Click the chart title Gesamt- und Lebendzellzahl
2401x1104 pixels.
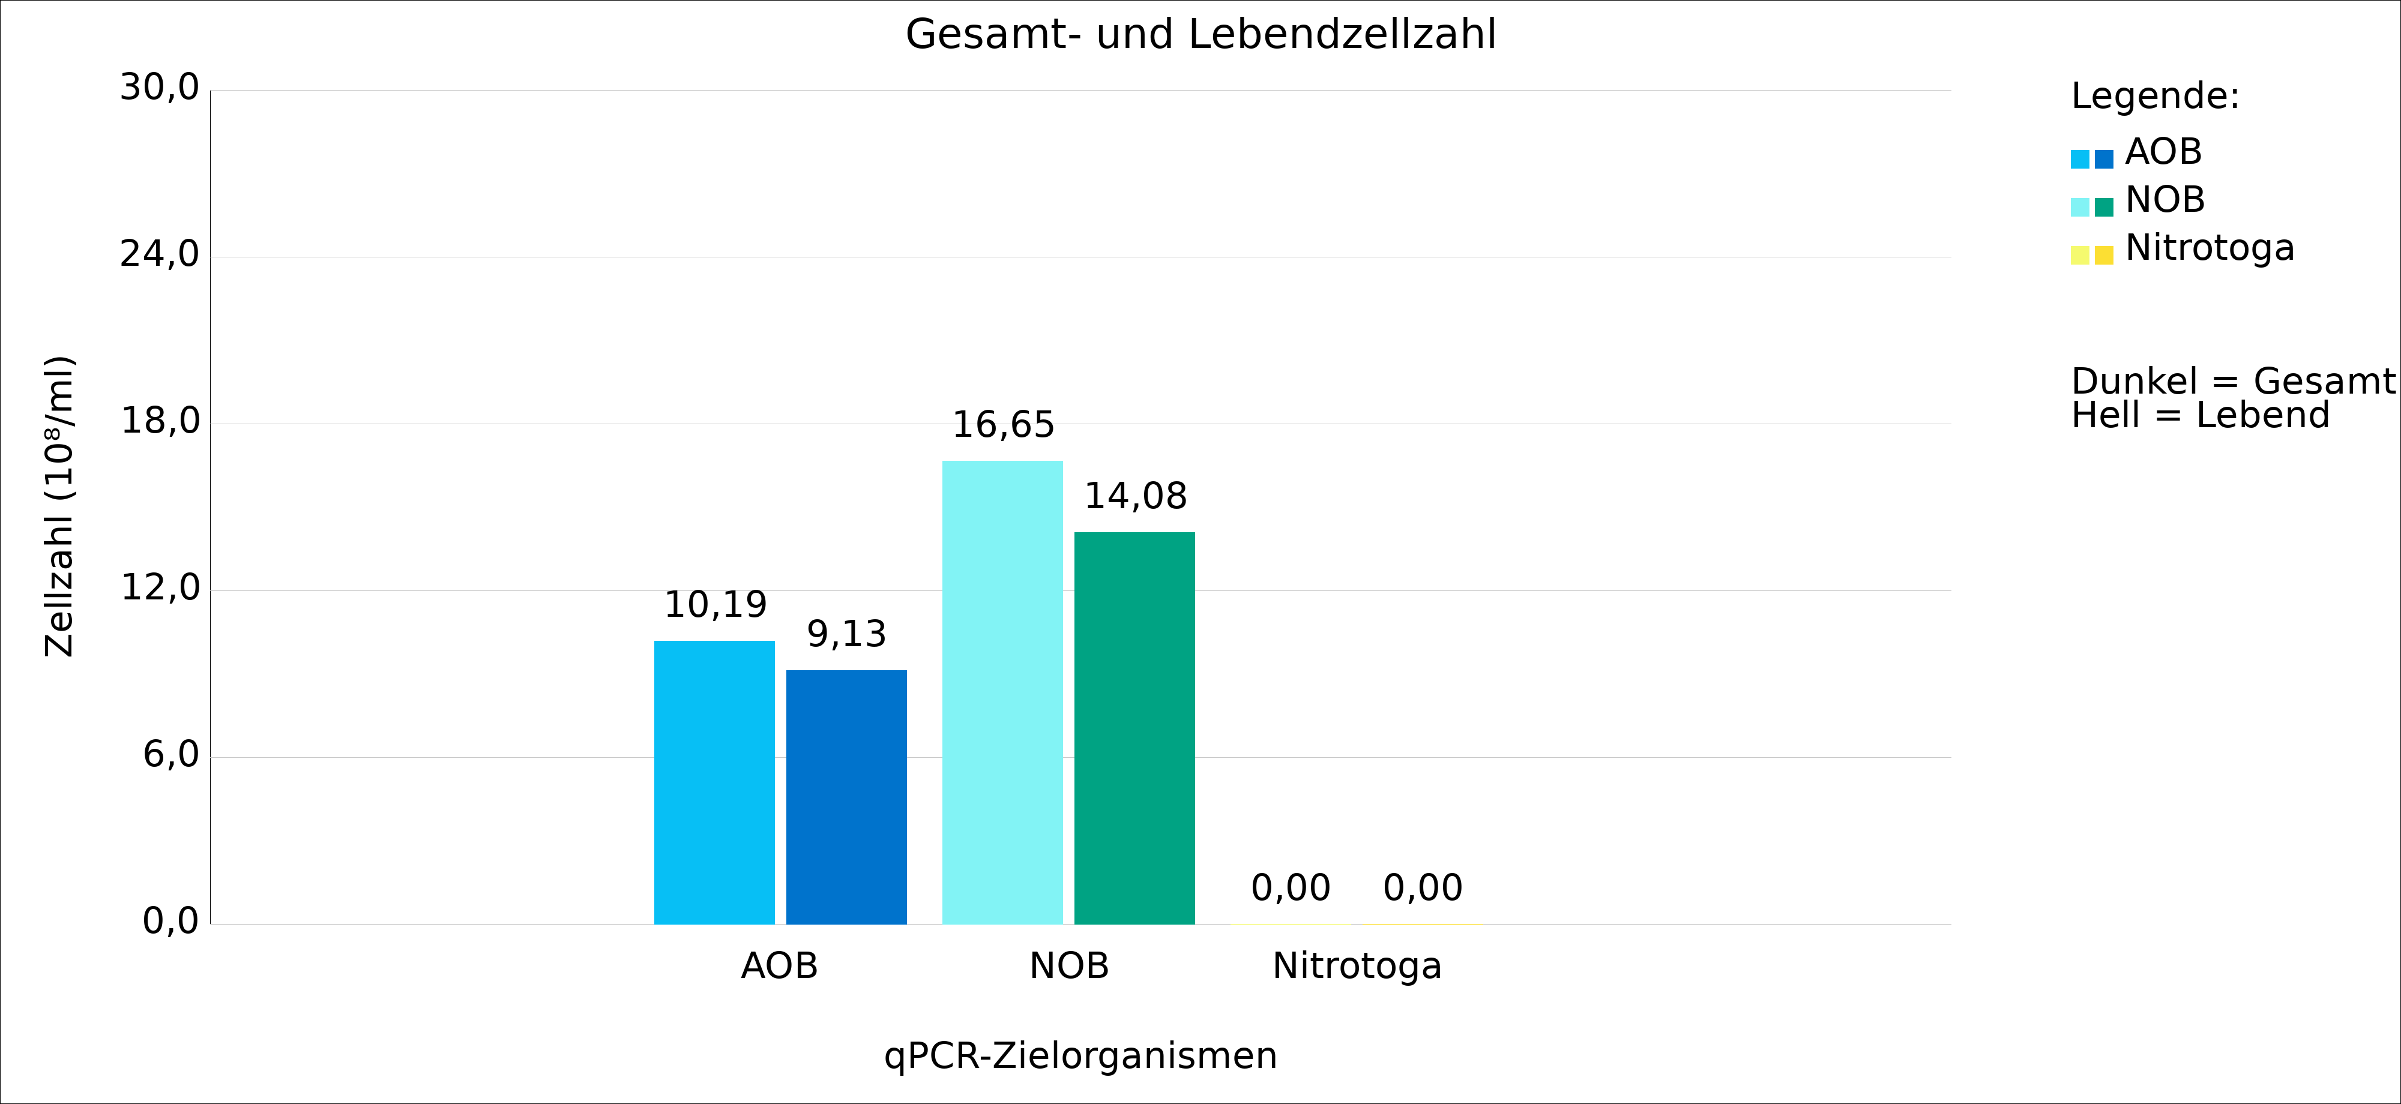[1200, 34]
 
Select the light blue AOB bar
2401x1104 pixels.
[714, 782]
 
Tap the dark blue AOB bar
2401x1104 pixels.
[846, 797]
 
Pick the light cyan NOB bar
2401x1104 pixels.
[1002, 692]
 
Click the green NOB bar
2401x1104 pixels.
[1134, 728]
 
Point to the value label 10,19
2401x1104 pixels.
[715, 605]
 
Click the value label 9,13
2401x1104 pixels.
[846, 634]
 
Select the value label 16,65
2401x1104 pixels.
[1003, 425]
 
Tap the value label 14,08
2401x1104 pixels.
[1135, 497]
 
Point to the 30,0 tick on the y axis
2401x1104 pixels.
[160, 88]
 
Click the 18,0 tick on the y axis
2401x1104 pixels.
[160, 421]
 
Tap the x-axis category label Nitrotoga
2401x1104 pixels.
[1357, 966]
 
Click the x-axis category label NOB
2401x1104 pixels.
[1069, 966]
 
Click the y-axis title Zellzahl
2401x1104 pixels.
[59, 506]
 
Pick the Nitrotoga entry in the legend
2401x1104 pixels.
[2209, 248]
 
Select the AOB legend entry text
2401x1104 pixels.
[2163, 152]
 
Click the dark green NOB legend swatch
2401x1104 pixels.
[2104, 207]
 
